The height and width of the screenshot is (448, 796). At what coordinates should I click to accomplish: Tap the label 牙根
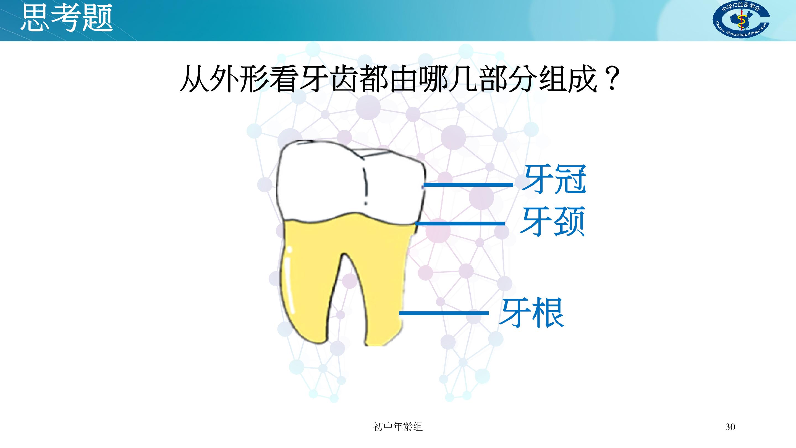531,313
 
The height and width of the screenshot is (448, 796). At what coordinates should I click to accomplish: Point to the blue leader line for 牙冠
468,185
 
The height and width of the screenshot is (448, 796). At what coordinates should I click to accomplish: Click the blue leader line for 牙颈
460,223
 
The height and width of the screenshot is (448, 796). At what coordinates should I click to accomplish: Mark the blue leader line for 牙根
444,313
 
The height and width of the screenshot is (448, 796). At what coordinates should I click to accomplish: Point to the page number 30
730,427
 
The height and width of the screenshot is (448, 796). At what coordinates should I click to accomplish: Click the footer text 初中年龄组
398,427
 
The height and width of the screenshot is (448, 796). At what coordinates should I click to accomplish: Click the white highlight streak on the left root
290,278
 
